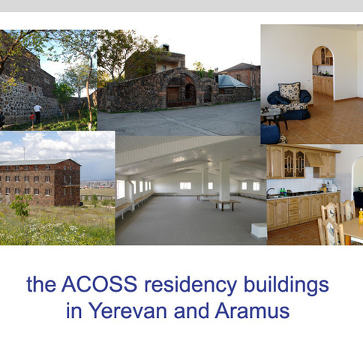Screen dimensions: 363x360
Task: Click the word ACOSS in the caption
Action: (x=100, y=284)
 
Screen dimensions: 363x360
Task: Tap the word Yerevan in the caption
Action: (x=127, y=310)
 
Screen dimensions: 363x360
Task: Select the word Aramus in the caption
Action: (x=252, y=310)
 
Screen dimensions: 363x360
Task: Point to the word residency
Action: (x=190, y=286)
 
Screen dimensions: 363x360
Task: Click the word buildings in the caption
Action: (x=286, y=286)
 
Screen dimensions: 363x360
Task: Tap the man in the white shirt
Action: (x=37, y=114)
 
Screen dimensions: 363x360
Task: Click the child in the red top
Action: (x=32, y=119)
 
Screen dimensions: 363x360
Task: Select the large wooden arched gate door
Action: (x=173, y=97)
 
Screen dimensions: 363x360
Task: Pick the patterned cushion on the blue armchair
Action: (x=289, y=91)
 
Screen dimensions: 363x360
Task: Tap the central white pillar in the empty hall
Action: (x=224, y=184)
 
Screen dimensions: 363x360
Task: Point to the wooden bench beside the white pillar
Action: (x=225, y=204)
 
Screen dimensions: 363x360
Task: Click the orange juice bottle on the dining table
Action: (x=361, y=216)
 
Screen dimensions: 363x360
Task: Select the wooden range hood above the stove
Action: (x=315, y=160)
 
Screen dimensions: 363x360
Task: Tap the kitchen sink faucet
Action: (x=269, y=191)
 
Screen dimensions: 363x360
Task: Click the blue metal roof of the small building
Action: (x=231, y=81)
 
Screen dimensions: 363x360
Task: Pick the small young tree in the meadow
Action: (x=21, y=206)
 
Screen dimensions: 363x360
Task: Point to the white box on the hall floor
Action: (x=259, y=231)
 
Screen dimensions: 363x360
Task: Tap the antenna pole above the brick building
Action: (x=24, y=153)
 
